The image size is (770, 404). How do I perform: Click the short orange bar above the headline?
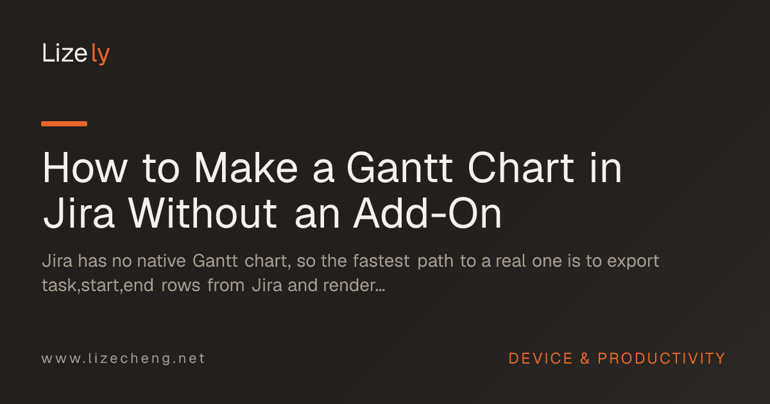tap(64, 124)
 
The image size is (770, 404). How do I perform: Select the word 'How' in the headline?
tap(85, 168)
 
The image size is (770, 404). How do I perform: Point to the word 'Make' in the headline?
tap(246, 168)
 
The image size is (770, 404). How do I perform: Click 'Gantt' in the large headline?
tap(400, 168)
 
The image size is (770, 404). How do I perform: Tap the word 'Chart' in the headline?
tap(521, 168)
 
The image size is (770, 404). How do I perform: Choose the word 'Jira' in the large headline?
tap(78, 214)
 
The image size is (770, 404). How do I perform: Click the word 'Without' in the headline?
tap(203, 214)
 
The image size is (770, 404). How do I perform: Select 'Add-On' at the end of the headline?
tap(427, 214)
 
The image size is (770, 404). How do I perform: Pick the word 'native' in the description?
tap(162, 261)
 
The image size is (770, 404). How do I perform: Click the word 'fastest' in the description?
tap(381, 261)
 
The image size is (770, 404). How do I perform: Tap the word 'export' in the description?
tap(633, 262)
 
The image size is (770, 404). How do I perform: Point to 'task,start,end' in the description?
tap(98, 285)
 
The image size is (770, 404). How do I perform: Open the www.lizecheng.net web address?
tap(123, 358)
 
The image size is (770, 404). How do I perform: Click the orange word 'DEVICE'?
tap(541, 358)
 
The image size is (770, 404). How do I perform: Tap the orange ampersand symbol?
tap(585, 358)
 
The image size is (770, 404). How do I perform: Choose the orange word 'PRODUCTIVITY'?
tap(662, 358)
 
